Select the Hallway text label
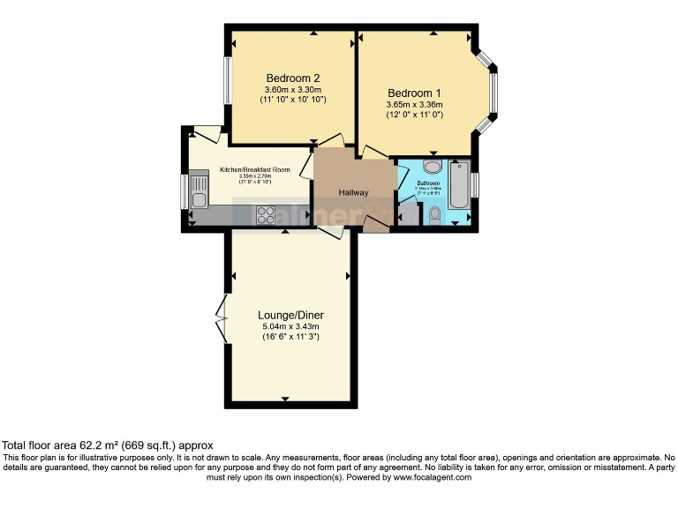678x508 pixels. click(354, 193)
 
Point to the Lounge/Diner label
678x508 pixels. click(290, 315)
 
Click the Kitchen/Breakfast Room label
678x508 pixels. click(255, 169)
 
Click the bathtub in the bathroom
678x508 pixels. click(460, 185)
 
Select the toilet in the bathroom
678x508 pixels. click(433, 214)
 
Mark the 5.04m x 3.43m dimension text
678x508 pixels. click(290, 326)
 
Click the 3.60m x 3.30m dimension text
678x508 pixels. click(292, 89)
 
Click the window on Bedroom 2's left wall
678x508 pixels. click(226, 81)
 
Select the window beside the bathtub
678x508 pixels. click(474, 185)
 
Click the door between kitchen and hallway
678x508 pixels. click(305, 165)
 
